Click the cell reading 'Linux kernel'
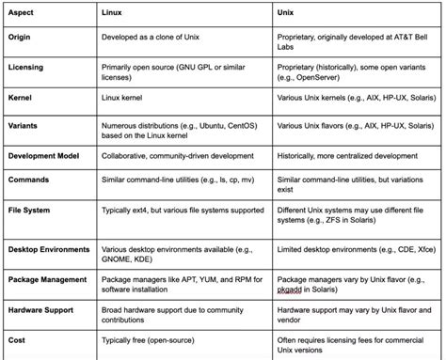tap(128, 97)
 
